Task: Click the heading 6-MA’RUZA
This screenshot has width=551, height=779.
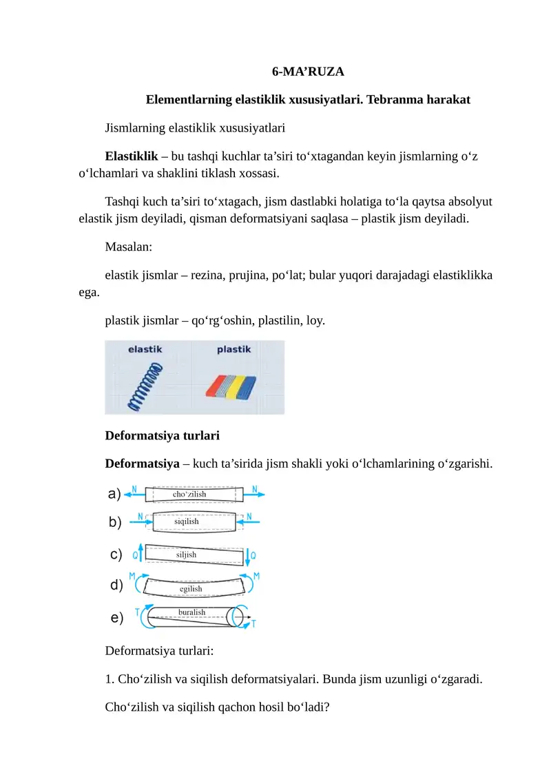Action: [308, 72]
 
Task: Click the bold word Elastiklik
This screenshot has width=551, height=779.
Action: [132, 156]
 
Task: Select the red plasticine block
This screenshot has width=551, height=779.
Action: [219, 386]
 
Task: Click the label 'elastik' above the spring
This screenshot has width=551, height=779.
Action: [145, 350]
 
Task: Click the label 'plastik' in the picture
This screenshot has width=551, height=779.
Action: [233, 350]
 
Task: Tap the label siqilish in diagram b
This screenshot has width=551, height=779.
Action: [186, 521]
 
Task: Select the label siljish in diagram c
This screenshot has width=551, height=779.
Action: [186, 554]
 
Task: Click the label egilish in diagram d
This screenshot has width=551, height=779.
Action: [191, 589]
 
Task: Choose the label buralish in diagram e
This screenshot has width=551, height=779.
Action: [191, 612]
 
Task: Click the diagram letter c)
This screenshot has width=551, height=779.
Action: [116, 554]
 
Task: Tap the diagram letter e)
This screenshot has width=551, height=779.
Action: [117, 618]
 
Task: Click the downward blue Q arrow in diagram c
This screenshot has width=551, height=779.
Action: [253, 556]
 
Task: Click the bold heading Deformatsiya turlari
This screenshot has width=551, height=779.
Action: [162, 435]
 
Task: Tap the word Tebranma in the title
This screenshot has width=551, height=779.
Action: [390, 99]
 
